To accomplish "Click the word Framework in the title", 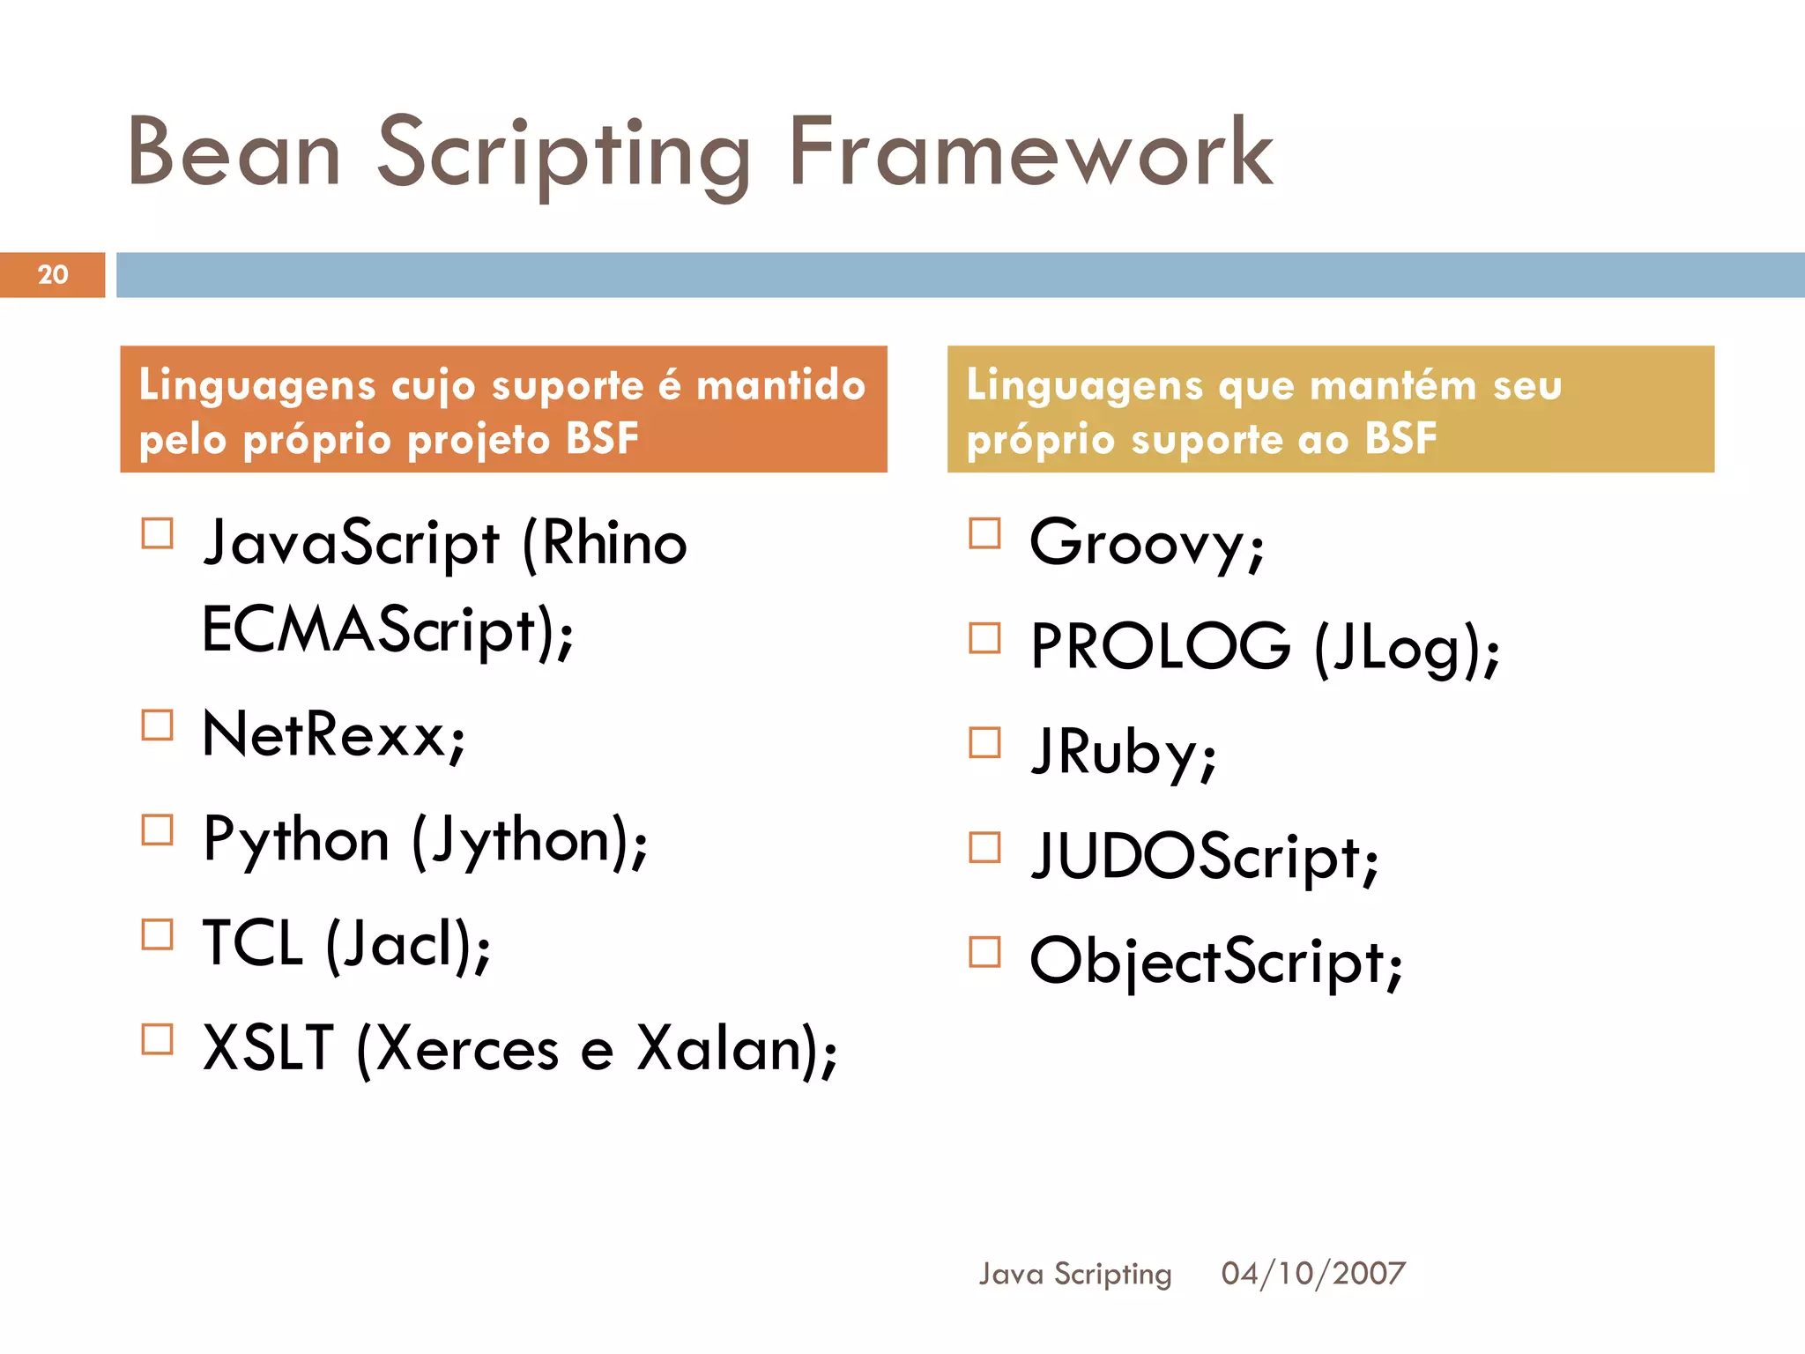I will (x=1029, y=153).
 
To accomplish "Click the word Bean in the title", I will (x=234, y=153).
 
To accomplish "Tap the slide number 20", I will (x=53, y=274).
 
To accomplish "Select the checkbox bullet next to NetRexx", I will (x=158, y=725).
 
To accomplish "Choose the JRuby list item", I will (x=1124, y=752).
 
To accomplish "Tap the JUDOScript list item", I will (x=1204, y=857).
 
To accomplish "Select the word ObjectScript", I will (x=1214, y=962).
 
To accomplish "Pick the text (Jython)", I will (x=529, y=840).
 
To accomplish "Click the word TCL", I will (x=253, y=944).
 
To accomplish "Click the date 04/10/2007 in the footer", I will (x=1312, y=1273).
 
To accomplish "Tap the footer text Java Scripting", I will (x=1075, y=1274).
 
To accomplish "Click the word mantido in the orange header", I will (x=781, y=385).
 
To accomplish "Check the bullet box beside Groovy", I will (x=984, y=533).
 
